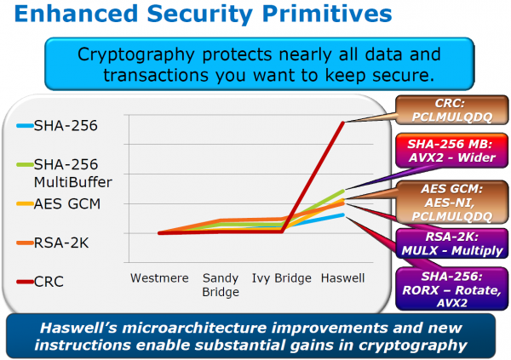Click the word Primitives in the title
pos(327,14)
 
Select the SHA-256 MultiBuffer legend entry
pos(65,173)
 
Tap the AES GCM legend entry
pos(59,204)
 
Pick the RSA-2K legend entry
pos(53,243)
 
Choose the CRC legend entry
pos(40,282)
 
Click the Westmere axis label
pos(159,278)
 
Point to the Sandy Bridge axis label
pos(221,285)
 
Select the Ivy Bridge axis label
pos(282,278)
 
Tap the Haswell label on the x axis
pos(342,278)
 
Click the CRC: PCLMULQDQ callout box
pos(452,110)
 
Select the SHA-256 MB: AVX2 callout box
pos(452,151)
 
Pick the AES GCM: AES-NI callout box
pos(452,203)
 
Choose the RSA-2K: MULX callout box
pos(452,243)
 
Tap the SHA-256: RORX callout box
pos(452,289)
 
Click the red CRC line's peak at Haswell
pos(343,123)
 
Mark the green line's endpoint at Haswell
pos(343,191)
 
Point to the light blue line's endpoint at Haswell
pos(343,214)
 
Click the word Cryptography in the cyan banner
pos(136,54)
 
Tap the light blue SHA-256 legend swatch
pos(25,125)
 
